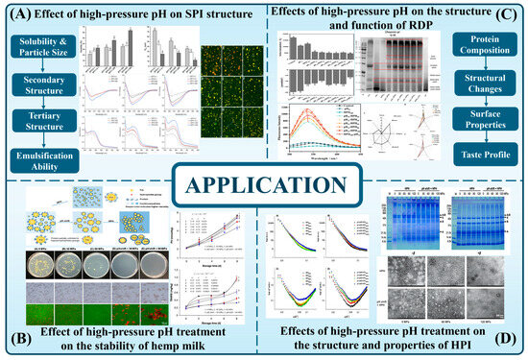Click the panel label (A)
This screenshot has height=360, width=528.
coord(22,16)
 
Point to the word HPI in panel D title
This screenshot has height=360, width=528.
coord(470,348)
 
